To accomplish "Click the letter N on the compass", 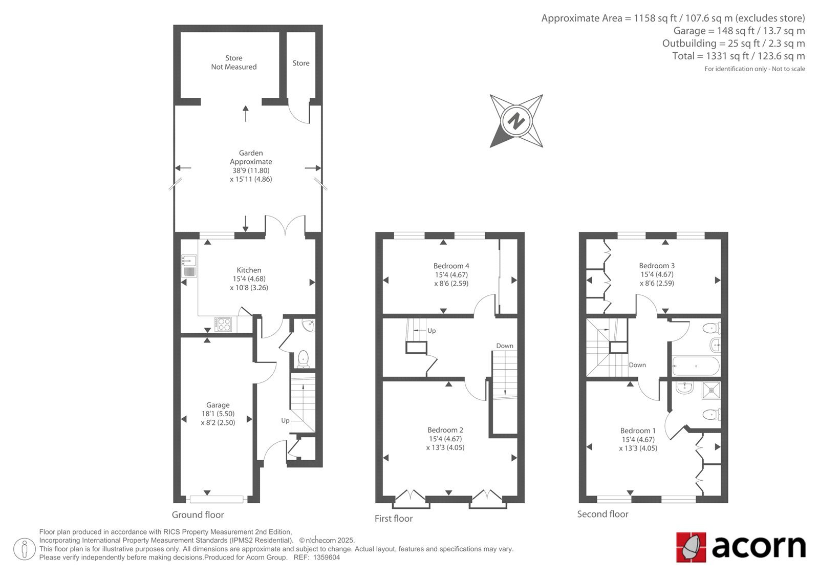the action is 516,121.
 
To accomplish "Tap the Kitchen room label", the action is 249,270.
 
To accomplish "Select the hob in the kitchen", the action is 223,324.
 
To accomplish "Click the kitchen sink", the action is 189,266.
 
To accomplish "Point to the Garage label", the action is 218,405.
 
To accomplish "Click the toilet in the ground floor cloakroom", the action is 303,359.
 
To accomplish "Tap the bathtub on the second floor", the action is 696,366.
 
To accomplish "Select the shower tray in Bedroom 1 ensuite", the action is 711,390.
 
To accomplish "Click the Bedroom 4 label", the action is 451,266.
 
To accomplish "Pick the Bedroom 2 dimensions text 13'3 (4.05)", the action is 445,447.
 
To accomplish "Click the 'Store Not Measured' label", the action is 234,62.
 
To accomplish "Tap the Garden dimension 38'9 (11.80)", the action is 251,170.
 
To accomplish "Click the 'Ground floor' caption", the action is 198,514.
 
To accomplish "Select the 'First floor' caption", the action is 394,518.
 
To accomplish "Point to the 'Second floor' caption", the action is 602,514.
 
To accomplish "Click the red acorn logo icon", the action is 691,547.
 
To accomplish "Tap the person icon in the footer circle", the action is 25,549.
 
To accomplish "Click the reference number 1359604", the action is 327,557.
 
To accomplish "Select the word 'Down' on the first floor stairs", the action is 505,346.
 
